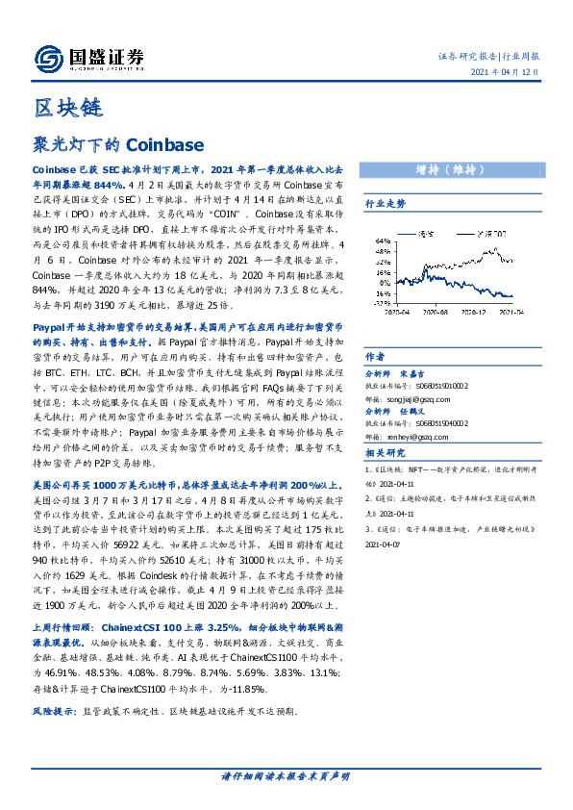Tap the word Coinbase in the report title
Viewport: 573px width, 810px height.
pos(165,144)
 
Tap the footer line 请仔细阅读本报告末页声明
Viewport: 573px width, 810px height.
pos(286,776)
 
